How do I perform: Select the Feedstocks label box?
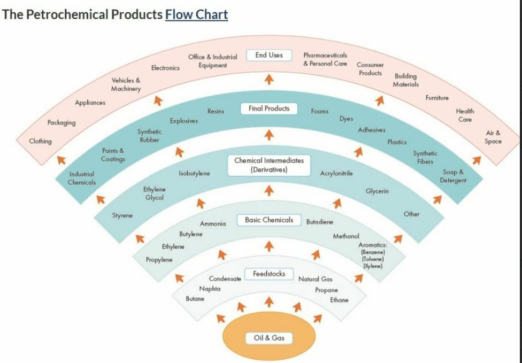[269, 274]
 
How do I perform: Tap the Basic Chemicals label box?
[269, 220]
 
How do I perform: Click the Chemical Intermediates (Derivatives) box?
[269, 165]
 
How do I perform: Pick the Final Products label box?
[269, 109]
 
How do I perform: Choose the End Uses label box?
[268, 55]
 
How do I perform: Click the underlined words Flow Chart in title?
[196, 14]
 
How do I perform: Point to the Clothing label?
[41, 142]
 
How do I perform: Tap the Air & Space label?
[493, 137]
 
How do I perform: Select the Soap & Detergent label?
[453, 176]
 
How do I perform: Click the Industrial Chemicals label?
[82, 179]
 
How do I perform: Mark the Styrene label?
[122, 216]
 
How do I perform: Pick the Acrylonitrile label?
[336, 174]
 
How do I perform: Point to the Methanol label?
[346, 236]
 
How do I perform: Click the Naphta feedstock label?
[210, 289]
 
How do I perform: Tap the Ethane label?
[339, 300]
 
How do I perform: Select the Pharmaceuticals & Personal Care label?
[325, 59]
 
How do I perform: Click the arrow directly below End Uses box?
[269, 80]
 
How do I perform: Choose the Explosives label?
[184, 121]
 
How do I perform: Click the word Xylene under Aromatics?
[372, 266]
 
